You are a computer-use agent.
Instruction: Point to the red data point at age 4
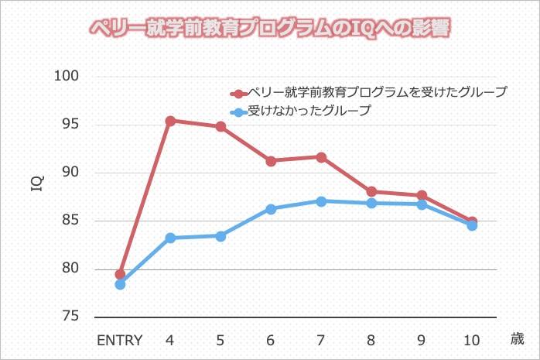tap(170, 121)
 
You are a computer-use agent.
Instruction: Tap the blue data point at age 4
tap(170, 238)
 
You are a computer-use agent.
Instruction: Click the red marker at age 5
tap(220, 126)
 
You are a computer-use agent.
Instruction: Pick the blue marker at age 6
tap(271, 209)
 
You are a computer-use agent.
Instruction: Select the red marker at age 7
tap(321, 157)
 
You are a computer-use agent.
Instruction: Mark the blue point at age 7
tap(321, 201)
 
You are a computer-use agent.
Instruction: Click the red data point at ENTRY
tap(120, 274)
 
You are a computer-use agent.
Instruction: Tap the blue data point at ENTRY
tap(120, 284)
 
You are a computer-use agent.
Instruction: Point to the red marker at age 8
tap(371, 191)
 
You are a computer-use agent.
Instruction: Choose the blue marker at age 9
tap(422, 204)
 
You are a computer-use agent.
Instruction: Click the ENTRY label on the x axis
tap(120, 340)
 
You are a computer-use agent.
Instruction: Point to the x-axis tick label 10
tap(472, 340)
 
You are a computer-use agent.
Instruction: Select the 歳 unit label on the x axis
tap(517, 338)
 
